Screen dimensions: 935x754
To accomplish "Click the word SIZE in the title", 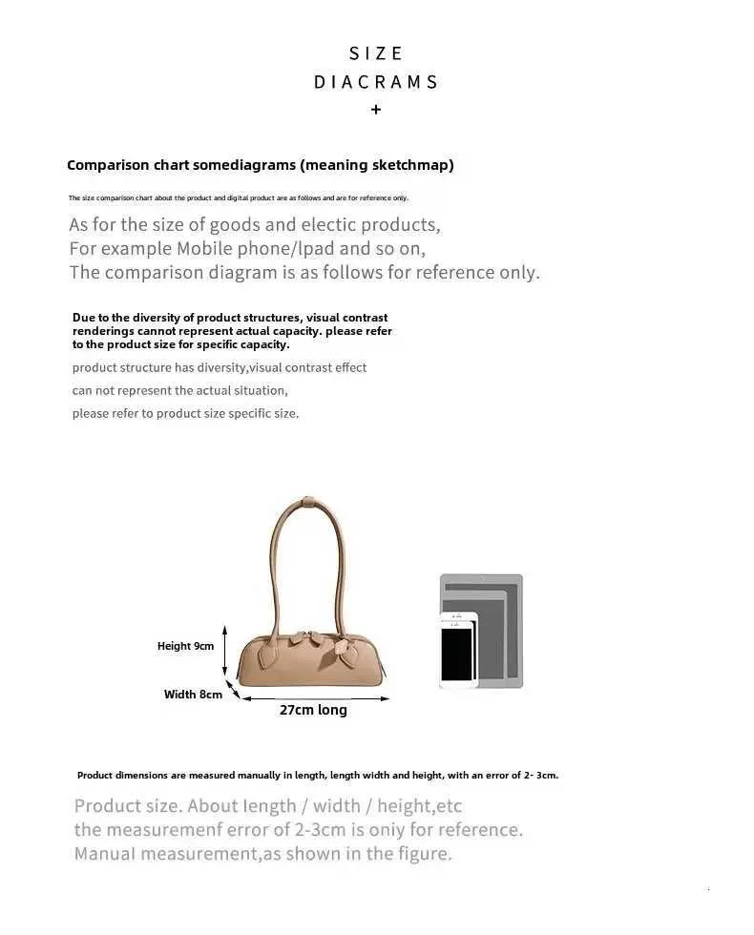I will pyautogui.click(x=376, y=53).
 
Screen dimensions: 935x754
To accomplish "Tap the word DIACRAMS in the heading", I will pyautogui.click(x=376, y=82).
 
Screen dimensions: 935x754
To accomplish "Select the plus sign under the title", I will pyautogui.click(x=376, y=110).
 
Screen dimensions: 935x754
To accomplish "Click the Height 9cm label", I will pyautogui.click(x=185, y=646).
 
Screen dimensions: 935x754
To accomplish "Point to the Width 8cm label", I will pyautogui.click(x=193, y=695).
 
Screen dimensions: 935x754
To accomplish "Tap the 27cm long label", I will pyautogui.click(x=313, y=710).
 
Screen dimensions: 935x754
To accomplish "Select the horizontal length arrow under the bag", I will pyautogui.click(x=314, y=698).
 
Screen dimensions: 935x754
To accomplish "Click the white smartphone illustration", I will pyautogui.click(x=457, y=650).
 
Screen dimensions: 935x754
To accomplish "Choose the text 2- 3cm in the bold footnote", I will pyautogui.click(x=537, y=775).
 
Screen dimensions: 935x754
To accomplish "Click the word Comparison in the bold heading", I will pyautogui.click(x=108, y=165).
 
